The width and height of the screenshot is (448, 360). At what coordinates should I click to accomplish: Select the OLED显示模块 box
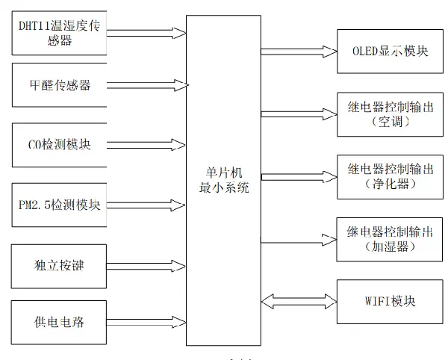click(x=389, y=52)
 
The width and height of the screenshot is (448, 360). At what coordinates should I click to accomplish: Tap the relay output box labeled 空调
click(x=389, y=114)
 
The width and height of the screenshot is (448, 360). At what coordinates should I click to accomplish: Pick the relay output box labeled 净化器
click(x=389, y=176)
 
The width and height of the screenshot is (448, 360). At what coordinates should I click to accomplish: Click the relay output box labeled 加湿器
click(x=389, y=238)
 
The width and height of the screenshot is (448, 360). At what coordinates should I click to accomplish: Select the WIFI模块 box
click(x=389, y=301)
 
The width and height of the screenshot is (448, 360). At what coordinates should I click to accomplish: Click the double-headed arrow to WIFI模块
click(x=299, y=301)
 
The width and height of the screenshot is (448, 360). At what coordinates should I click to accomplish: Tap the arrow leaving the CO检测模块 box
click(x=146, y=144)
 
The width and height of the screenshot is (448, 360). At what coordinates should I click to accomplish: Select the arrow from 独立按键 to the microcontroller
click(x=146, y=264)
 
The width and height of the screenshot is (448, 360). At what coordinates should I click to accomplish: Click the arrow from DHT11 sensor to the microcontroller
click(x=146, y=34)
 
